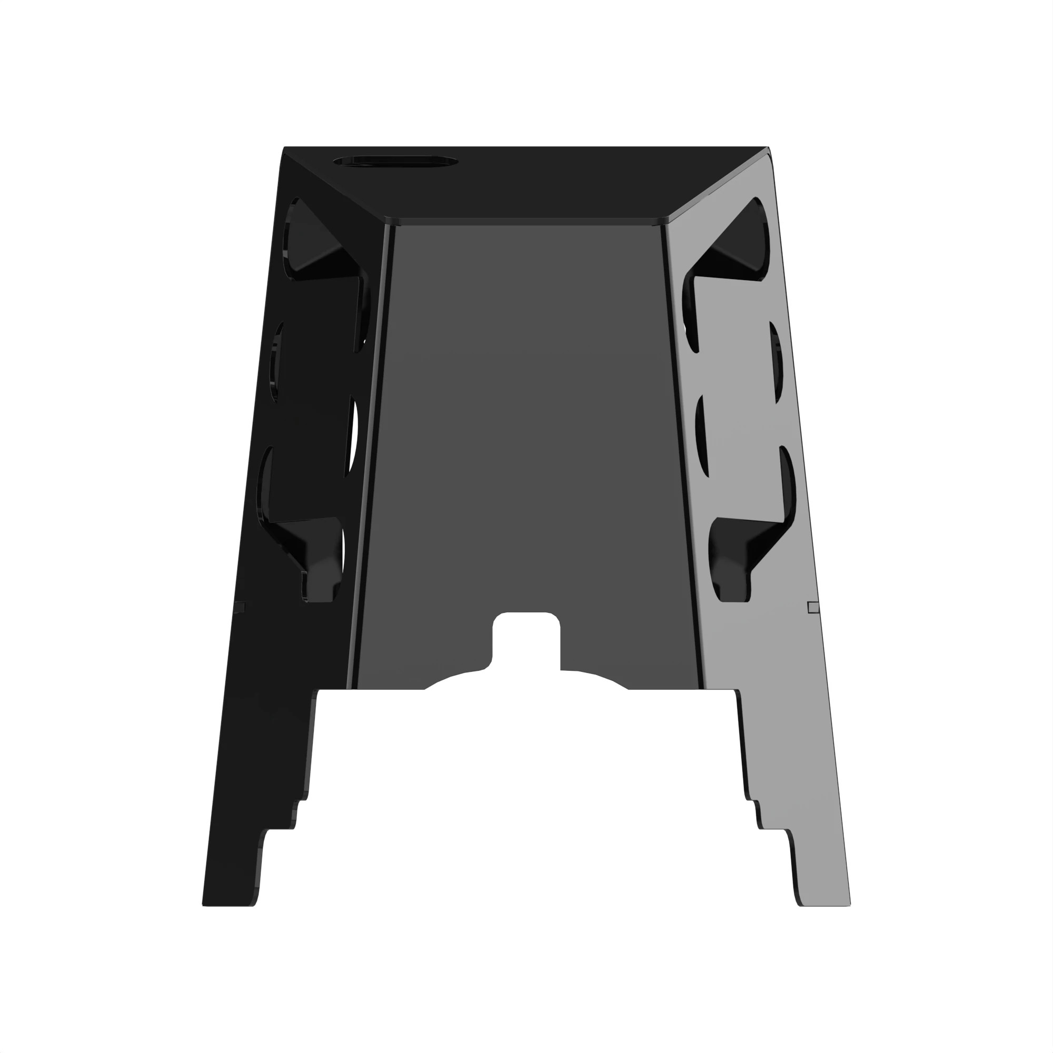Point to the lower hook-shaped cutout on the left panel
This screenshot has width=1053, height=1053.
pyautogui.click(x=311, y=551)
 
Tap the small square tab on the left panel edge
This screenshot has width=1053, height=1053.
pyautogui.click(x=239, y=607)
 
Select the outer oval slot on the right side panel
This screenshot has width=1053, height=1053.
pyautogui.click(x=776, y=362)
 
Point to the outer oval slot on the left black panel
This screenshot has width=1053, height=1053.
pyautogui.click(x=276, y=362)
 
